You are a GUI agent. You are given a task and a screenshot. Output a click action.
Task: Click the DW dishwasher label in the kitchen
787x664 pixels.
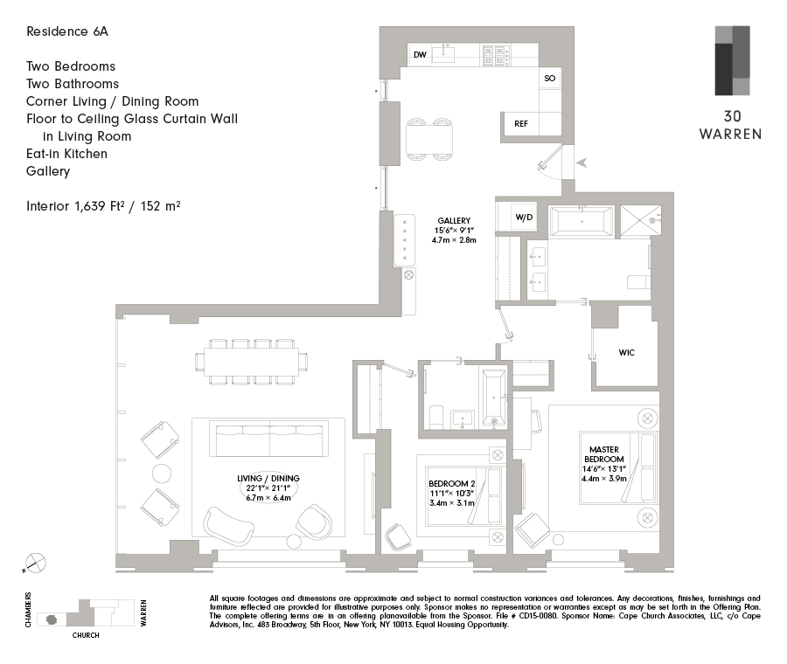point(420,55)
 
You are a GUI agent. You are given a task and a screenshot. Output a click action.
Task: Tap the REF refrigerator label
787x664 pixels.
point(520,124)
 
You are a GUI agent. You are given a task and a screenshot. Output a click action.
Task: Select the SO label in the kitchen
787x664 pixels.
point(549,79)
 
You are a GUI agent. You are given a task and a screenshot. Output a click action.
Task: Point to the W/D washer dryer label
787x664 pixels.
point(524,217)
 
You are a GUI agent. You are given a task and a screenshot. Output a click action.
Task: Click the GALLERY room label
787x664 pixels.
point(454,220)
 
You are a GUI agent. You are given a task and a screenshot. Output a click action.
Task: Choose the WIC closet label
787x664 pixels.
point(626,353)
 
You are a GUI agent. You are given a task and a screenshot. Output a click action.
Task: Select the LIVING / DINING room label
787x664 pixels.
point(268,478)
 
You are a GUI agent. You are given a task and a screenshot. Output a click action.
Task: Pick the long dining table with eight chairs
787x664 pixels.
point(254,361)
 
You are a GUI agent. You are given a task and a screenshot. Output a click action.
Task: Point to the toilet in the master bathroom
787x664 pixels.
point(638,283)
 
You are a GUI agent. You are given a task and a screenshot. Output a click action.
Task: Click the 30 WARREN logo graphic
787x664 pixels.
point(732,60)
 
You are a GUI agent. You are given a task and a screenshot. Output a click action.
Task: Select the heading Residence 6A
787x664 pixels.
point(67,31)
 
